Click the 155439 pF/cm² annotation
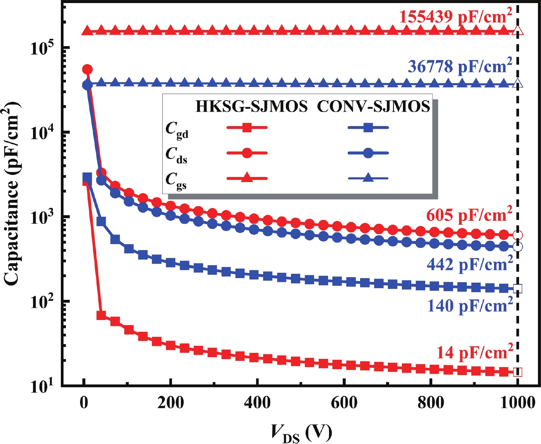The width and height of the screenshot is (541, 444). tap(455, 16)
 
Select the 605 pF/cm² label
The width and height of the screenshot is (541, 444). tap(469, 215)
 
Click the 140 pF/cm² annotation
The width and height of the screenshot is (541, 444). tap(470, 305)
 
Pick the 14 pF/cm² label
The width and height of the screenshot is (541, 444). tap(474, 352)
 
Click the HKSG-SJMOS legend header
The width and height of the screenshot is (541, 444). tap(251, 106)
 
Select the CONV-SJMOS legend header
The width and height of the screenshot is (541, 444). tap(373, 106)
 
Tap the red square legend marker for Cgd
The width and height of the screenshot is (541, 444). tap(247, 128)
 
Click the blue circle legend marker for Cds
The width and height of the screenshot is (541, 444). tap(368, 153)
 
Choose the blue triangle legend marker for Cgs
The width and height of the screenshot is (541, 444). tap(368, 178)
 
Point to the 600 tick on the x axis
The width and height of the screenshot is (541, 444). tap(344, 402)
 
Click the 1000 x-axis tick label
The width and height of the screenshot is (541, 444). tap(517, 402)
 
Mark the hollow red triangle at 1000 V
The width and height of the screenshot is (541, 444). tap(518, 31)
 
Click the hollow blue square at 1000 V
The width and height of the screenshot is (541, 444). tap(518, 288)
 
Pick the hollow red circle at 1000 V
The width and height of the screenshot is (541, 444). tap(518, 235)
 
